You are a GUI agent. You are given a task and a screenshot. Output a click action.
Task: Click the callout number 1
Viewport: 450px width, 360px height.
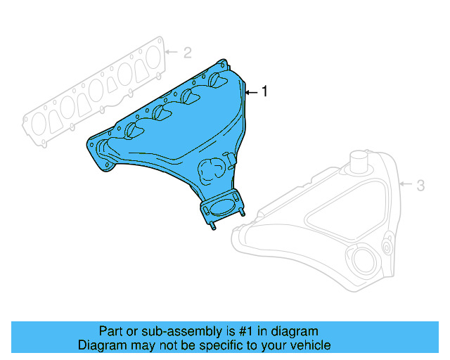pyautogui.click(x=264, y=91)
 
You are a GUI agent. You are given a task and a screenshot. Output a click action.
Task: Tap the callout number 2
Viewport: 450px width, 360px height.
pyautogui.click(x=187, y=52)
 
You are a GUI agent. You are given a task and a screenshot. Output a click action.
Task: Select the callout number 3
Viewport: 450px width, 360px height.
pyautogui.click(x=420, y=186)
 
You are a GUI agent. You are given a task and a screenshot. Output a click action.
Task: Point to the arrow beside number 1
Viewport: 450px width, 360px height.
pyautogui.click(x=251, y=91)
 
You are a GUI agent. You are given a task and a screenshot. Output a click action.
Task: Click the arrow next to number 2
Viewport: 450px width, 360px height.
pyautogui.click(x=173, y=52)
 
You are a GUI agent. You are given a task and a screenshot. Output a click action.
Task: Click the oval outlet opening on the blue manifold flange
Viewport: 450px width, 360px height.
pyautogui.click(x=223, y=207)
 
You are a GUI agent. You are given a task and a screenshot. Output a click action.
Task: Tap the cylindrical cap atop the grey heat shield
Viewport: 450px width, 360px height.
pyautogui.click(x=361, y=160)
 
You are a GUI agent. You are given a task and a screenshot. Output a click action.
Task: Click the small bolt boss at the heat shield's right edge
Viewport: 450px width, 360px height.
pyautogui.click(x=387, y=247)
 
